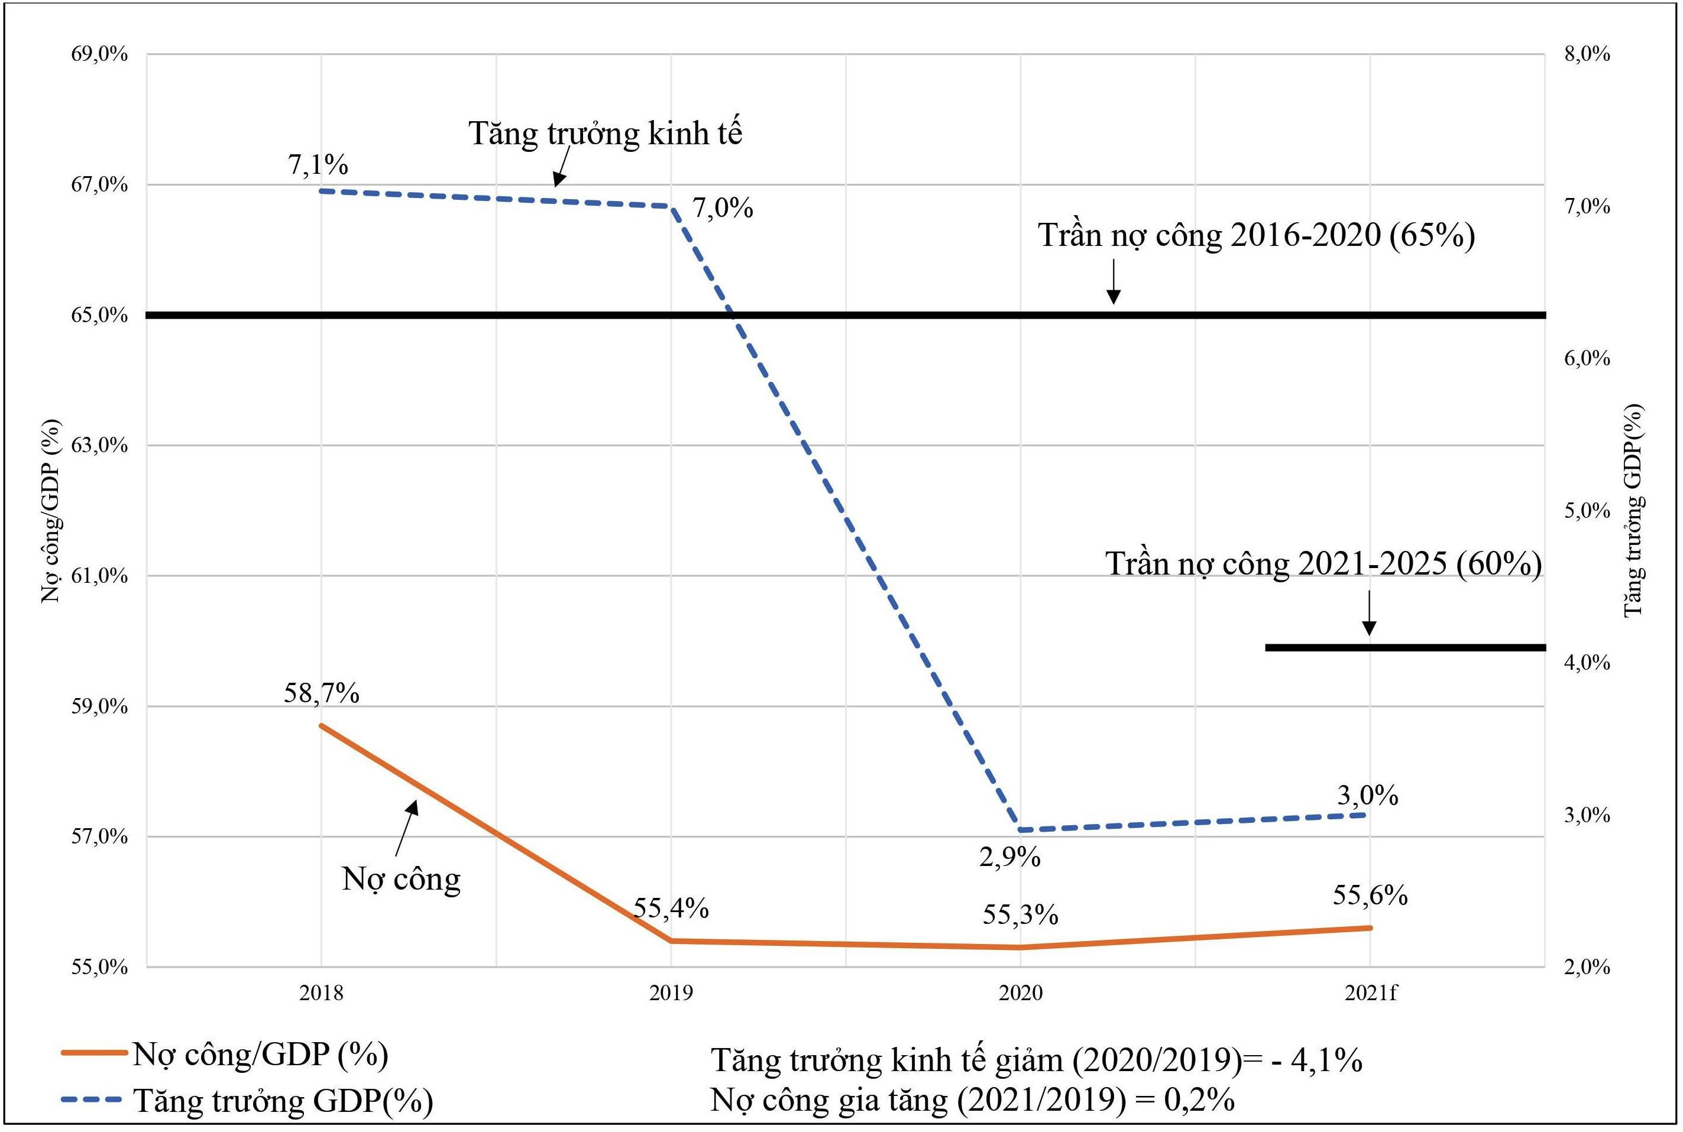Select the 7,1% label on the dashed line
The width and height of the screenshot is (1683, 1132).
pyautogui.click(x=318, y=166)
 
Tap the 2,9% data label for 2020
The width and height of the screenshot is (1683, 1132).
pyautogui.click(x=1009, y=858)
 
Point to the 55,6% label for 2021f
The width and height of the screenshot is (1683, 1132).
pyautogui.click(x=1370, y=895)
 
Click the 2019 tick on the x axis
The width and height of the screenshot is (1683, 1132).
pyautogui.click(x=671, y=994)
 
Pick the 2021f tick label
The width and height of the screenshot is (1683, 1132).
pyautogui.click(x=1370, y=994)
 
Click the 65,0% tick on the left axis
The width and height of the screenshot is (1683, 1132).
pyautogui.click(x=99, y=316)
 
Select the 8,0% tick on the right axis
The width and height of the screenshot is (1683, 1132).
pyautogui.click(x=1587, y=54)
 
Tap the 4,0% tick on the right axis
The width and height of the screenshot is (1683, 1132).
pyautogui.click(x=1587, y=663)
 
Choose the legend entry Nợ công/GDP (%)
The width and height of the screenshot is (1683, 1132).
pyautogui.click(x=260, y=1055)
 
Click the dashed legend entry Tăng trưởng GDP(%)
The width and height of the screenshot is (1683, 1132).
pyautogui.click(x=283, y=1101)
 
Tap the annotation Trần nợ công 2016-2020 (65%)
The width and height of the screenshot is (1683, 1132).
pyautogui.click(x=1256, y=235)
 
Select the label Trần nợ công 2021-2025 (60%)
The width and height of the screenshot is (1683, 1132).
pyautogui.click(x=1323, y=564)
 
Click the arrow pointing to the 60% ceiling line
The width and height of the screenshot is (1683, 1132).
pyautogui.click(x=1369, y=614)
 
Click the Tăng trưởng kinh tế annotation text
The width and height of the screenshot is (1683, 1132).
pyautogui.click(x=605, y=134)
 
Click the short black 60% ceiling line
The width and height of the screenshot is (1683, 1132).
pyautogui.click(x=1404, y=648)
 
